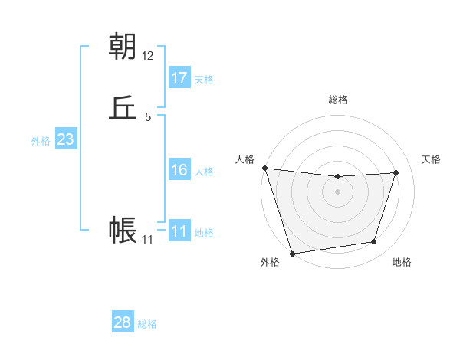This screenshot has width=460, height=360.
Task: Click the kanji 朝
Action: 123,47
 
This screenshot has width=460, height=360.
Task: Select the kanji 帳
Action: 123,230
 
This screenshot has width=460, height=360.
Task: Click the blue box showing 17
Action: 179,78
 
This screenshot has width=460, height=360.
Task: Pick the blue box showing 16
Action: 179,171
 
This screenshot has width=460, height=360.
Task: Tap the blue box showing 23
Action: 65,139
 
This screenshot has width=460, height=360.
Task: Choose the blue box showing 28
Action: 123,322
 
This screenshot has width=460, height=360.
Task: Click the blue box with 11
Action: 179,231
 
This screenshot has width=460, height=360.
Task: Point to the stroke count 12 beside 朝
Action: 147,55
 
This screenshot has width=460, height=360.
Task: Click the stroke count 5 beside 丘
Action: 147,117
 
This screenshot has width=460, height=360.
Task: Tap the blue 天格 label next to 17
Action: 204,80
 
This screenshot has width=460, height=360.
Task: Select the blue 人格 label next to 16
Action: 204,172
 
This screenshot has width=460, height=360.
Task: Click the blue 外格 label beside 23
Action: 41,141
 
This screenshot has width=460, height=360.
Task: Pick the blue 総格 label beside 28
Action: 147,324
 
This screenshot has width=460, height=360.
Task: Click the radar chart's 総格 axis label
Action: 337,100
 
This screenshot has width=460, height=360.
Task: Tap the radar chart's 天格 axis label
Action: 431,159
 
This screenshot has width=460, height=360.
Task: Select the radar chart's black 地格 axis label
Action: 402,263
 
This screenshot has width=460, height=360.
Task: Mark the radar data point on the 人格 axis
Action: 264,168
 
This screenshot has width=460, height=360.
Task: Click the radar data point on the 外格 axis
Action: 292,253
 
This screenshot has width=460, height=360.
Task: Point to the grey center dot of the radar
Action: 337,191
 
